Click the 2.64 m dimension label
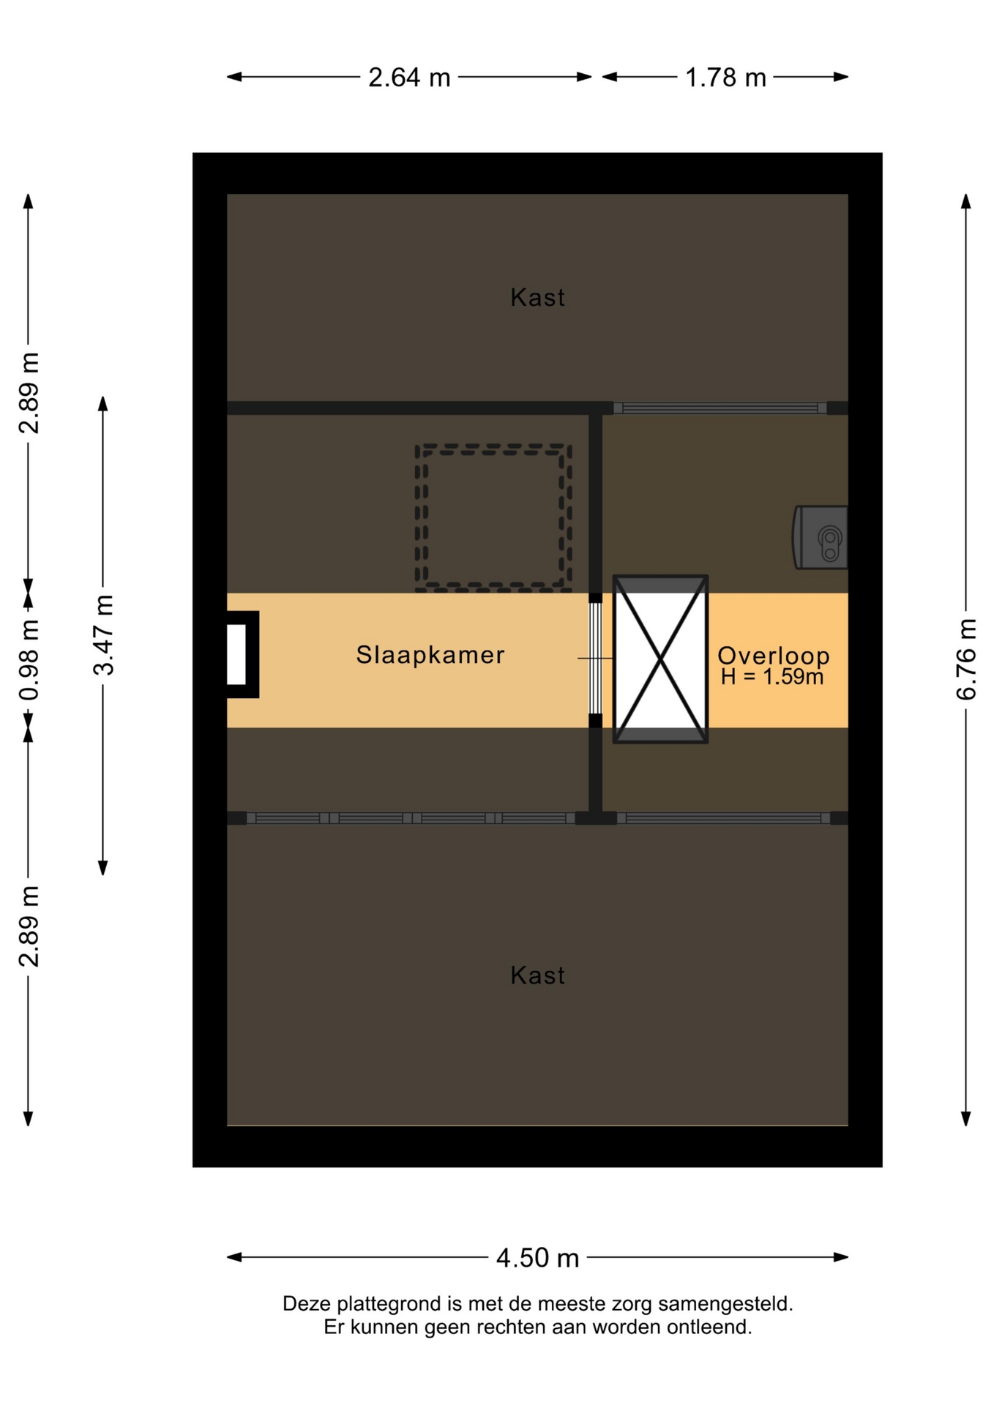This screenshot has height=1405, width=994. pyautogui.click(x=409, y=78)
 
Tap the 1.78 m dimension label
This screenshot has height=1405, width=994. pyautogui.click(x=725, y=78)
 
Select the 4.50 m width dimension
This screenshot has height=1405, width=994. pyautogui.click(x=538, y=1258)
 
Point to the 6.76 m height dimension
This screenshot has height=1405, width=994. pyautogui.click(x=966, y=659)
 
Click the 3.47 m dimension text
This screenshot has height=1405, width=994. pyautogui.click(x=103, y=635)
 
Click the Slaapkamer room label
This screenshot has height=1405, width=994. pyautogui.click(x=430, y=655)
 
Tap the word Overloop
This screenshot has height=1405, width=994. pyautogui.click(x=774, y=656)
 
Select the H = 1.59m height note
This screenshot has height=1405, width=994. pyautogui.click(x=772, y=677)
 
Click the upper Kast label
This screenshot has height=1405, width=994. pyautogui.click(x=538, y=298)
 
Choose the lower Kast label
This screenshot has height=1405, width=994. pyautogui.click(x=538, y=975)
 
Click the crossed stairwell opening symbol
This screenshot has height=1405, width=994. pyautogui.click(x=660, y=659)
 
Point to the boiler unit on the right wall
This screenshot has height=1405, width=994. pyautogui.click(x=821, y=537)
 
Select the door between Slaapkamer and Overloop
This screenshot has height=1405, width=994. pyautogui.click(x=596, y=659)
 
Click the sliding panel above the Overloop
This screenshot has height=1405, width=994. pyautogui.click(x=720, y=408)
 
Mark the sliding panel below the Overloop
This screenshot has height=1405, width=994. pyautogui.click(x=724, y=818)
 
